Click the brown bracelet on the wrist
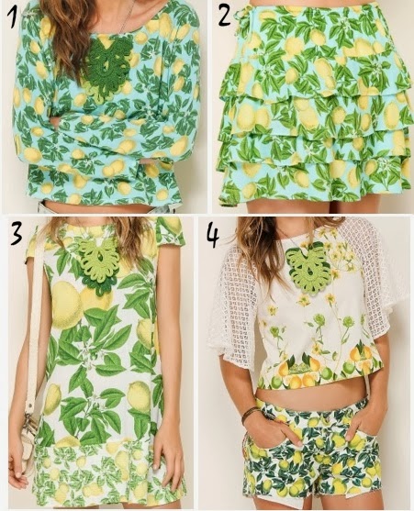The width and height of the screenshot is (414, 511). [250, 415]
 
